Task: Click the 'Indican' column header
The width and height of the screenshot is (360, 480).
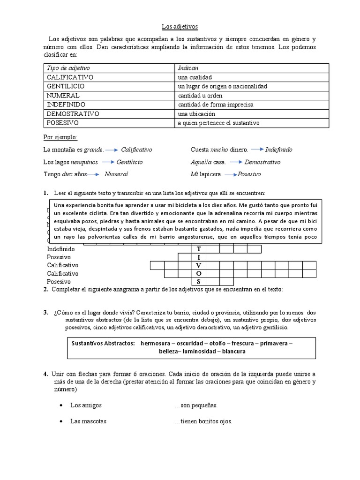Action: (188, 68)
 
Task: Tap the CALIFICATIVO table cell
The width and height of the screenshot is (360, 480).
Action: (70, 77)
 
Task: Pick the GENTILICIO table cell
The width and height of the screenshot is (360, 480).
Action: (66, 86)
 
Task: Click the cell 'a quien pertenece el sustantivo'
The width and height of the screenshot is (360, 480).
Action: (218, 123)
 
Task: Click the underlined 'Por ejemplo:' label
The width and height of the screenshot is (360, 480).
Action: (60, 137)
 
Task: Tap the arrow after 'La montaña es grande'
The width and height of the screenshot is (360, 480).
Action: (112, 150)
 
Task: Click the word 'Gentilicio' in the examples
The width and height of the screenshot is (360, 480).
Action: (127, 162)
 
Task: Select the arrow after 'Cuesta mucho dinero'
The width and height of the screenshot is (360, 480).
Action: (257, 150)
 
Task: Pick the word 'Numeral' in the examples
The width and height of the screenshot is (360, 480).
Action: (116, 174)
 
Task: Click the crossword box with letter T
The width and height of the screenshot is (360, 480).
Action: (199, 249)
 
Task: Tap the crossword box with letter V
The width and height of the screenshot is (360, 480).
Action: (199, 266)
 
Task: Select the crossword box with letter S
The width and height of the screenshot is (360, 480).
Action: (199, 282)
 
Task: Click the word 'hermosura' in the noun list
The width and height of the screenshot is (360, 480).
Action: (157, 343)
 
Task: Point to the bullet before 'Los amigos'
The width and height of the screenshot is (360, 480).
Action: (62, 405)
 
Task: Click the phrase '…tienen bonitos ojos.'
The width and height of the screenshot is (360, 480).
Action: (203, 421)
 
